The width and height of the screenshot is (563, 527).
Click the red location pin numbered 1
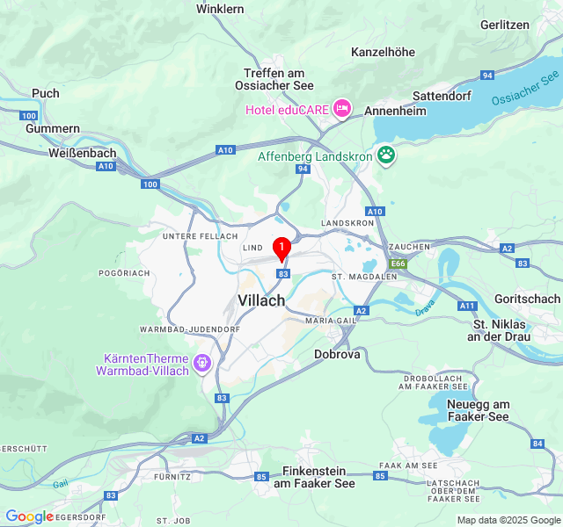(281, 249)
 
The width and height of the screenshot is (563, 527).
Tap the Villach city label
(261, 300)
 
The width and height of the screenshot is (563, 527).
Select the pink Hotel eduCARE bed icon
(340, 109)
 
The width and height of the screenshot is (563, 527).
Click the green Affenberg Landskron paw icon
(386, 155)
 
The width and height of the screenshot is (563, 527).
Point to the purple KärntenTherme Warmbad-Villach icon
(203, 361)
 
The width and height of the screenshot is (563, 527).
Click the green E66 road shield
(399, 263)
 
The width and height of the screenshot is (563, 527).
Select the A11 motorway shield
(468, 306)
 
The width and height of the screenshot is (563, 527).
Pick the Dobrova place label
(337, 354)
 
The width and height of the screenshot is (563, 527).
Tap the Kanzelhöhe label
(383, 52)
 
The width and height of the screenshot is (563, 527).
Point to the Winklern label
(220, 8)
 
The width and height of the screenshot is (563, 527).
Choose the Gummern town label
(53, 128)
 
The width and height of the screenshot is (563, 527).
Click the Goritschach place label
(527, 299)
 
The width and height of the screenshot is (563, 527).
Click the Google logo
(29, 516)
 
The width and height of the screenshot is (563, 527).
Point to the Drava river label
(425, 308)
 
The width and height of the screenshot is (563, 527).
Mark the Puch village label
(46, 93)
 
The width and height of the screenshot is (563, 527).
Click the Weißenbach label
(78, 152)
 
